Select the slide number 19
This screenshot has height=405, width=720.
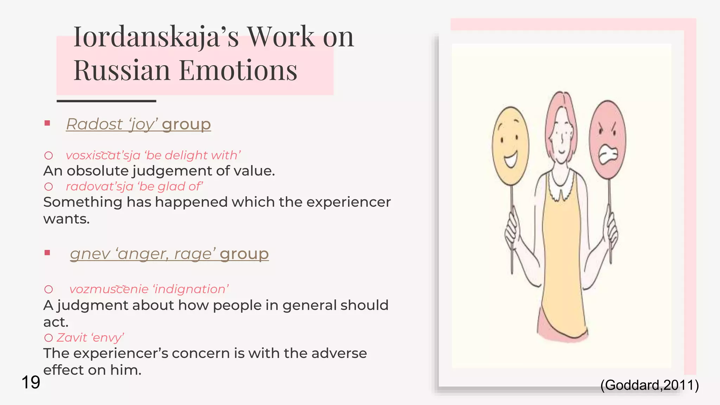click(31, 382)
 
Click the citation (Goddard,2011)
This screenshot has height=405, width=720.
click(649, 385)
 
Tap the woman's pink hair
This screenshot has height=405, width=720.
click(561, 105)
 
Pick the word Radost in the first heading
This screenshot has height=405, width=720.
click(95, 124)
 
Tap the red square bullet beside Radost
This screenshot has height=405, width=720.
click(47, 123)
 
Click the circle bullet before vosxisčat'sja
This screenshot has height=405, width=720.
click(49, 155)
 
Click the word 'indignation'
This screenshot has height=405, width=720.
click(191, 289)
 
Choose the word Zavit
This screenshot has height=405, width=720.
click(72, 338)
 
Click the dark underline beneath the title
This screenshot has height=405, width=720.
click(106, 101)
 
